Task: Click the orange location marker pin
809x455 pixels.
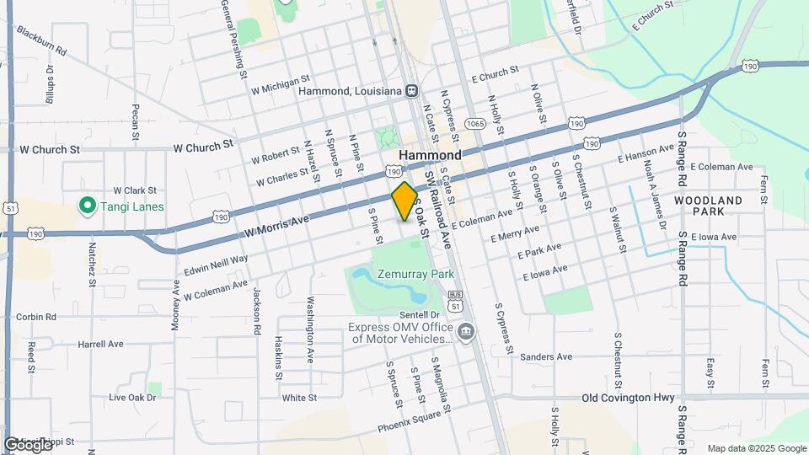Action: coord(405,201)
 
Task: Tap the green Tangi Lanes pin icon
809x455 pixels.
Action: coord(86,205)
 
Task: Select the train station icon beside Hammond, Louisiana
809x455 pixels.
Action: coord(412,91)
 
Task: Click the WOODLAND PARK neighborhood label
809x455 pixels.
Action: coord(708,206)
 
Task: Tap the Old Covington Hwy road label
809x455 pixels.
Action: coord(629,397)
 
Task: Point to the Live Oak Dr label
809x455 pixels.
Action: coord(133,397)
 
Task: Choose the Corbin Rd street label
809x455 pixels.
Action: coord(35,317)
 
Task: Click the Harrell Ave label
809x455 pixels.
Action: coord(100,344)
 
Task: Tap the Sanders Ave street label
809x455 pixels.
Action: coord(546,356)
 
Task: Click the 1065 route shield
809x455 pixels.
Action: coord(476,123)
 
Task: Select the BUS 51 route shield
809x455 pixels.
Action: coord(455,301)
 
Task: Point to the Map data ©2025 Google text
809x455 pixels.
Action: coord(757,448)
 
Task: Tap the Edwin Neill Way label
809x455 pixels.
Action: coord(215,266)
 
